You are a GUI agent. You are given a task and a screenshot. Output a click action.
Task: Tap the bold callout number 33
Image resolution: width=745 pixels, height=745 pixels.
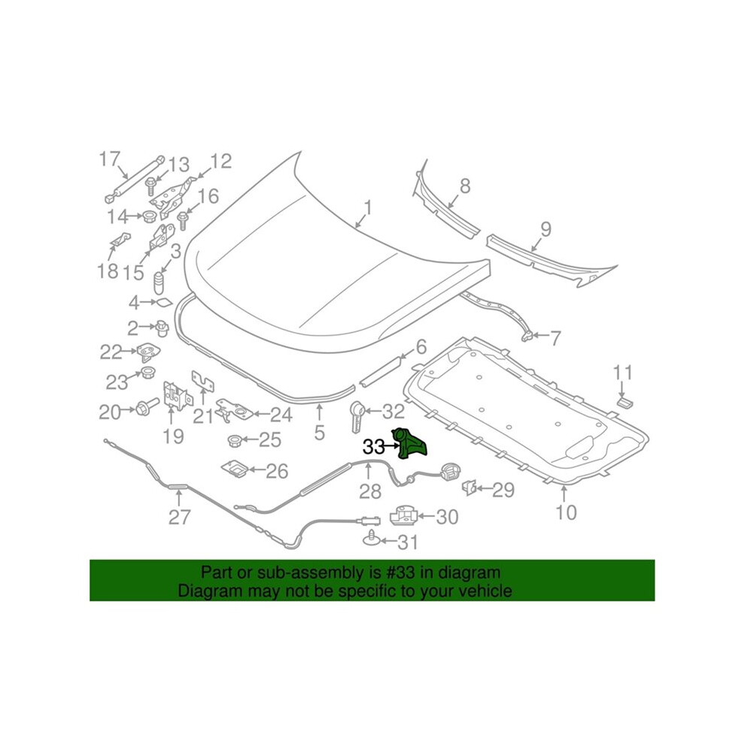click(x=373, y=447)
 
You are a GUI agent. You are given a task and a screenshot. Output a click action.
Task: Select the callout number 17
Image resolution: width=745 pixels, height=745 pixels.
click(x=109, y=160)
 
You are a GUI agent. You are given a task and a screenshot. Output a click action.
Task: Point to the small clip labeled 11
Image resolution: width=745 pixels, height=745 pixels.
click(x=625, y=403)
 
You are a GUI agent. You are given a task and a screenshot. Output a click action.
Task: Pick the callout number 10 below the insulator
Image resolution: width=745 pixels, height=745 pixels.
click(x=566, y=512)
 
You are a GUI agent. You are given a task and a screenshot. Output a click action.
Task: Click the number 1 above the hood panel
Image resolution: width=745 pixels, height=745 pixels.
click(x=368, y=208)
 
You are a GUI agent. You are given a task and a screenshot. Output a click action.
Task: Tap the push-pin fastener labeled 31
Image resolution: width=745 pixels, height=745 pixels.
click(x=372, y=540)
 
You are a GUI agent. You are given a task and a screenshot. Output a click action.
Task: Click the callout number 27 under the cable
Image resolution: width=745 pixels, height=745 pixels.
click(x=180, y=517)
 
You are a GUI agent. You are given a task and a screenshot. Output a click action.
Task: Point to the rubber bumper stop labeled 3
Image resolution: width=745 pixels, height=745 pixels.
click(x=160, y=284)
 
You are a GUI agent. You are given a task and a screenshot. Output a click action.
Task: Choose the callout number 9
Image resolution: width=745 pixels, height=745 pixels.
click(x=546, y=229)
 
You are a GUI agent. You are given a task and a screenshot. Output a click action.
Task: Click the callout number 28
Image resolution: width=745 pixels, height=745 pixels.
click(x=370, y=491)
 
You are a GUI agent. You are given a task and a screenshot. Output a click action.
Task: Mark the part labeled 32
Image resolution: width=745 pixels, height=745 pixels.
click(x=357, y=415)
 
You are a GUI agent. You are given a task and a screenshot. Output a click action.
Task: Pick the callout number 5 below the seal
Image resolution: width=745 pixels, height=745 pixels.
click(x=319, y=432)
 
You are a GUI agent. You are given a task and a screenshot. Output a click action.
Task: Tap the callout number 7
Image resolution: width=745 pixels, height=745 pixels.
click(x=555, y=338)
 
